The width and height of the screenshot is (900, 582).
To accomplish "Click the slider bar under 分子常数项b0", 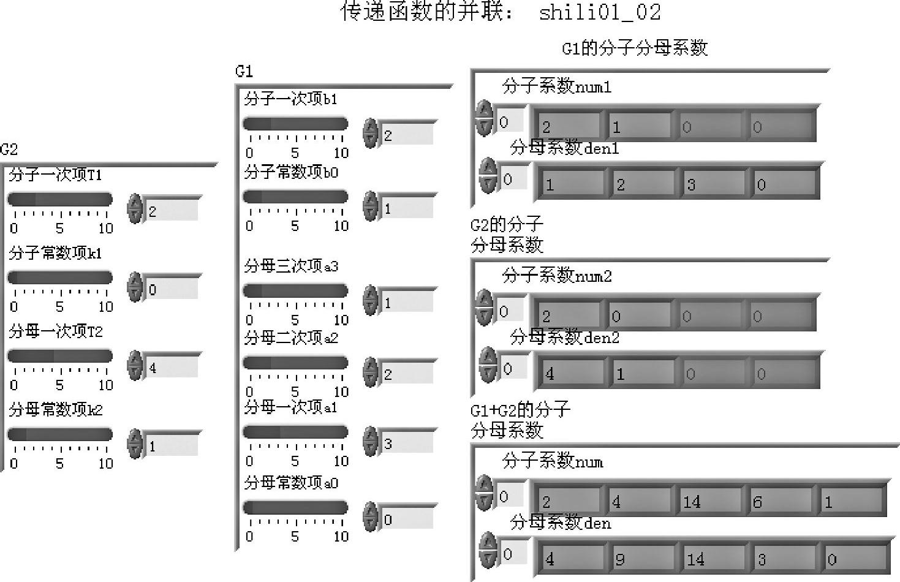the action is point(295,197).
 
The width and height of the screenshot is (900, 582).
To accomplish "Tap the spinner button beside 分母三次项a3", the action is point(371,301).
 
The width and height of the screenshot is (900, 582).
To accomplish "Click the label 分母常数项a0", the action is point(291,483).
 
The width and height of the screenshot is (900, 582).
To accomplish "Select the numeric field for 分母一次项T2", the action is point(172,368).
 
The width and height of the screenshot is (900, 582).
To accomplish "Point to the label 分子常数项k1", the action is point(55,254).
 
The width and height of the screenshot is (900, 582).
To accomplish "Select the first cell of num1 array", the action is point(566,127).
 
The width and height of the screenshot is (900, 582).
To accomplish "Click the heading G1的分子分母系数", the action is point(635,48).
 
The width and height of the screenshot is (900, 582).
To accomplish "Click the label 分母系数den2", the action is point(564,337).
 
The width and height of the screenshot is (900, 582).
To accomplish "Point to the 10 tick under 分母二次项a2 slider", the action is point(341,391).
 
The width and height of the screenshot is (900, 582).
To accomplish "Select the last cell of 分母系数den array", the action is point(854,559).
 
